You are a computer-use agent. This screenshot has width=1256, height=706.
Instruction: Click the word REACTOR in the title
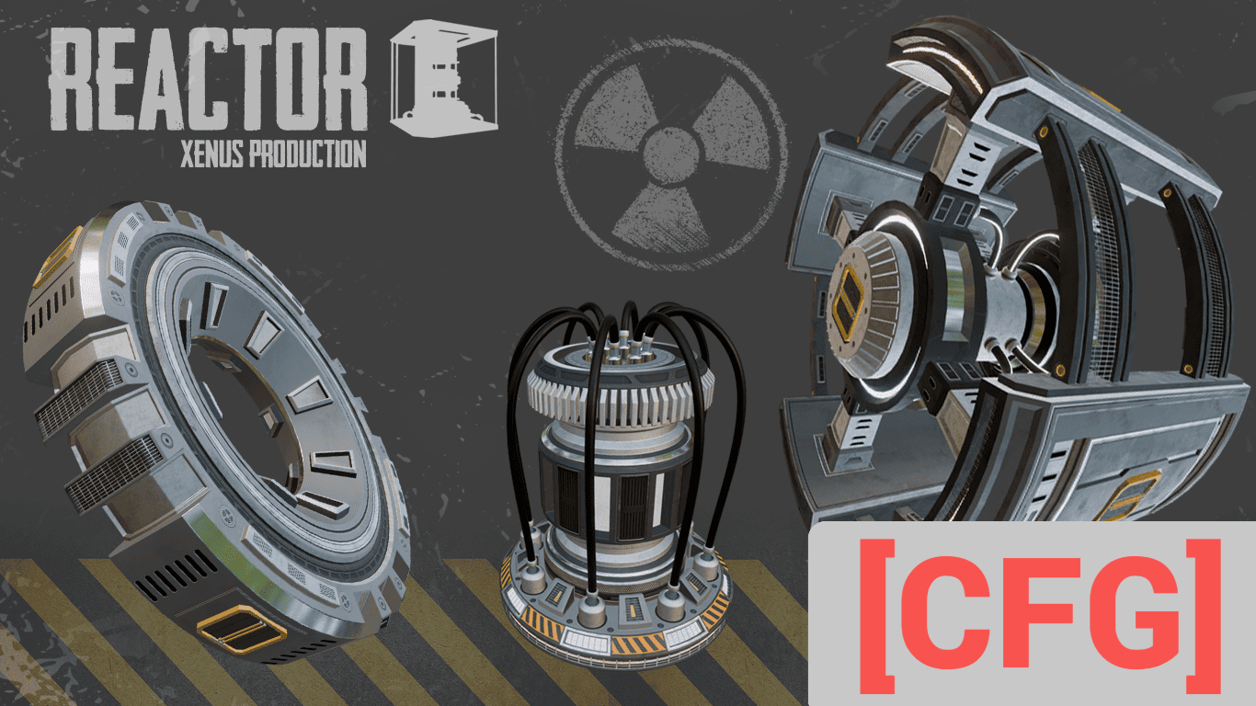click(x=208, y=79)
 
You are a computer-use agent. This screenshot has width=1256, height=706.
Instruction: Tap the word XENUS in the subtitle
click(x=212, y=154)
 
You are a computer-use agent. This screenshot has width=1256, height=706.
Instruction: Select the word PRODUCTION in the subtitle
click(x=308, y=154)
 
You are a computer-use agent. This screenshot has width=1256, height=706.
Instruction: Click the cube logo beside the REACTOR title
click(x=443, y=78)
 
